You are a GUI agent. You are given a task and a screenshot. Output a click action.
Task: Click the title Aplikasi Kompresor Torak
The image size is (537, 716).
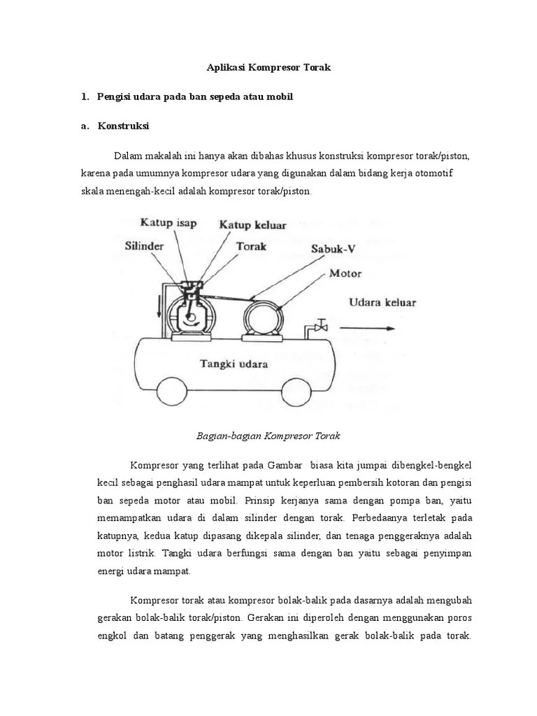click(268, 69)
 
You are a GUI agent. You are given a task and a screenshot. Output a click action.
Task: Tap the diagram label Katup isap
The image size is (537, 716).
click(169, 224)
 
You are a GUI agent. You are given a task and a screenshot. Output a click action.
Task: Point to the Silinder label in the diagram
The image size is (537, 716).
click(145, 247)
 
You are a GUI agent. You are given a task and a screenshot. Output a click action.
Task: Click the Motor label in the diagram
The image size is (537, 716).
click(345, 273)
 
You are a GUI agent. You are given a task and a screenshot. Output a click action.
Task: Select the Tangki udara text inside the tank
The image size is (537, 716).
click(234, 364)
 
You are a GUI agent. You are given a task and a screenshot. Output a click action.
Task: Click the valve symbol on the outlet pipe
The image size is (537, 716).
click(322, 325)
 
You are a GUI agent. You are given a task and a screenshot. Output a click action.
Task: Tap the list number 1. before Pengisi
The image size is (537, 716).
click(85, 97)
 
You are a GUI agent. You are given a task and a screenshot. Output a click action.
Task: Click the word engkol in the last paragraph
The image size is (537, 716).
click(111, 637)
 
